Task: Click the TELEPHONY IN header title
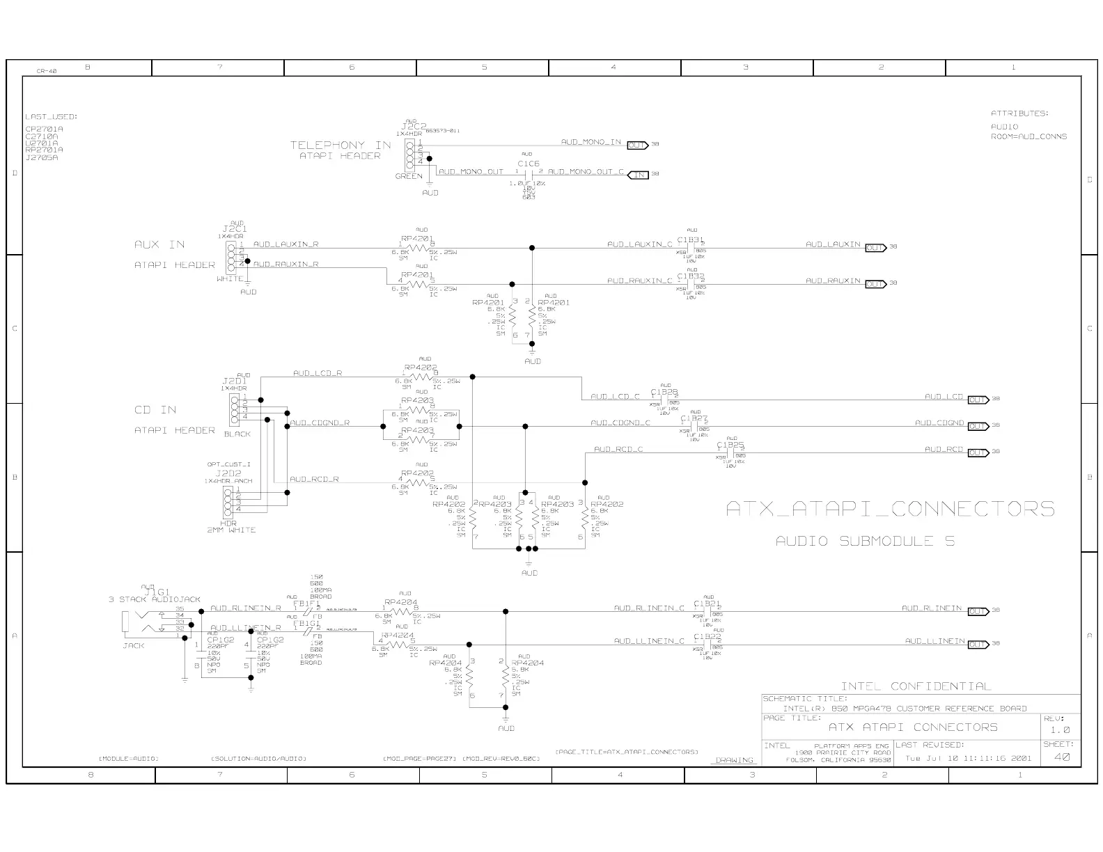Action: pos(341,145)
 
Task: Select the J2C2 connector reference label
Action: pos(409,127)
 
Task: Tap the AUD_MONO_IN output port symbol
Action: pos(637,145)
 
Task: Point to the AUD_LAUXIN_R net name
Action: pos(285,244)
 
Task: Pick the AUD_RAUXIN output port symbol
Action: pos(875,283)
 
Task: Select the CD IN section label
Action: pos(155,410)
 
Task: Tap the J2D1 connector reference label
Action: pos(234,381)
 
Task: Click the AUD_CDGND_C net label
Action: pos(620,423)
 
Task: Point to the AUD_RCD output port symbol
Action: pos(978,452)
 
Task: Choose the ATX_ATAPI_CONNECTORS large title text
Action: pos(890,509)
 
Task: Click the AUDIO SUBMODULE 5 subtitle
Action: pos(865,541)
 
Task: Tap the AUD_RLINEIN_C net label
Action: pos(649,608)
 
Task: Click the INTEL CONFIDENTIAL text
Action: pos(916,686)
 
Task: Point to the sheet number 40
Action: pos(1061,757)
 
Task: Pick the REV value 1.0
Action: pos(1060,730)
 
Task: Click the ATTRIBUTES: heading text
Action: pos(1019,113)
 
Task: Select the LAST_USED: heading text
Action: pos(52,116)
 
